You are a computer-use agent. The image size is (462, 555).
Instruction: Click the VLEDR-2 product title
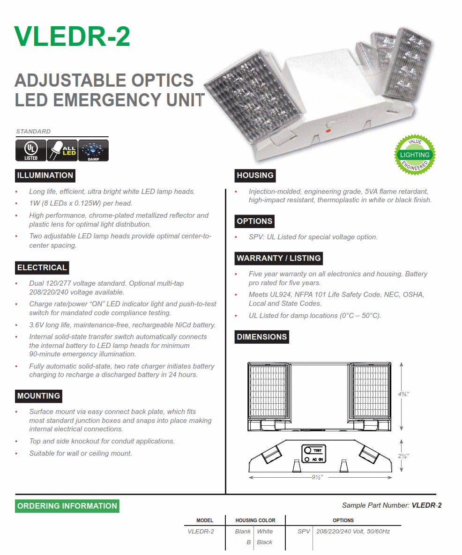point(72,36)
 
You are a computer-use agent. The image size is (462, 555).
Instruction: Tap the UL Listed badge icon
point(31,150)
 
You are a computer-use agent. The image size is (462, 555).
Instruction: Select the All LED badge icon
point(62,150)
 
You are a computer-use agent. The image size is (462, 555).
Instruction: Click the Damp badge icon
point(93,150)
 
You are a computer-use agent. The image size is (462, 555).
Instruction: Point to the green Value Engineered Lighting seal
point(415,155)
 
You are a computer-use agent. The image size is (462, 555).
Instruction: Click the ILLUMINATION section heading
point(45,176)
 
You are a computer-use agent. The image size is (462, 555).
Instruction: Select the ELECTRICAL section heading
point(42,268)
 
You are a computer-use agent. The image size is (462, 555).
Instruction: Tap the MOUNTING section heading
point(38,396)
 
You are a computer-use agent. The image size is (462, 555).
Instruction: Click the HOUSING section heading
point(255,176)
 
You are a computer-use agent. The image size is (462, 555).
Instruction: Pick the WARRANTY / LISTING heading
point(278,258)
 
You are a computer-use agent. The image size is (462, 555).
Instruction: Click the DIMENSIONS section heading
point(261,337)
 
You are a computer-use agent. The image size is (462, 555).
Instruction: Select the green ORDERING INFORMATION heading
point(67,506)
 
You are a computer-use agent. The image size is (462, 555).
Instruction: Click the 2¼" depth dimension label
point(404,456)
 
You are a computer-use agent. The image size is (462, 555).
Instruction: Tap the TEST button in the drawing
point(308,450)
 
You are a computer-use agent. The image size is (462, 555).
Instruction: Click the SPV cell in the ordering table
point(304,532)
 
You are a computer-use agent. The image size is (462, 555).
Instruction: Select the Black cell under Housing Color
point(264,542)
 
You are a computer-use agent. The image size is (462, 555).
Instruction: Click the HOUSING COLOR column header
point(255,520)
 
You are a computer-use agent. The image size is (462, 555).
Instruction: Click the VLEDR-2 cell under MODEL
point(201,532)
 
